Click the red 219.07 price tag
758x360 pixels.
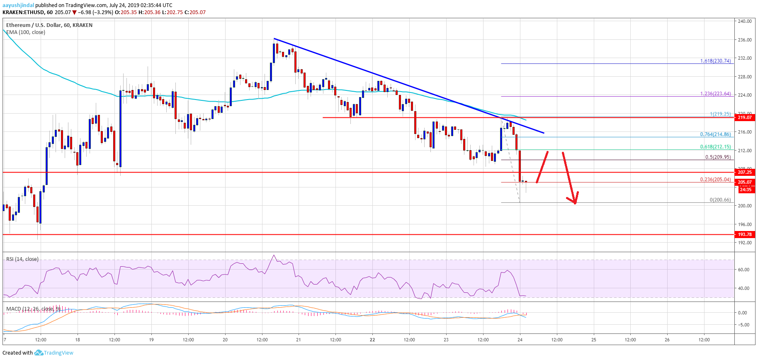pos(745,117)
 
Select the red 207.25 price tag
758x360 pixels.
pos(745,172)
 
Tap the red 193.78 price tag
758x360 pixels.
pos(745,234)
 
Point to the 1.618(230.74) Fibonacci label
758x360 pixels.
pos(715,61)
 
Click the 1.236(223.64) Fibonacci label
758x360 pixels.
pos(715,94)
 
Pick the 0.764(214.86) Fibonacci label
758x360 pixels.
pos(715,134)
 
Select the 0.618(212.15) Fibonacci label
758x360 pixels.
pos(715,147)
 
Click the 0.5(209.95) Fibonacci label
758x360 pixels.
pos(718,157)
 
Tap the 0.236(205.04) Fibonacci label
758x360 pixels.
pos(715,180)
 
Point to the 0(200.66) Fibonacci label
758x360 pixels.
pos(720,200)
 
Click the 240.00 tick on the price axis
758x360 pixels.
pos(745,21)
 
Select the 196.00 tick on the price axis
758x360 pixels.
pos(745,224)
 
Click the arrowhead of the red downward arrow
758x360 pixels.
pos(574,202)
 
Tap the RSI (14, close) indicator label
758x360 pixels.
pos(22,259)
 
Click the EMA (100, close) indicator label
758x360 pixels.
pos(26,32)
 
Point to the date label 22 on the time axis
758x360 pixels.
pos(372,340)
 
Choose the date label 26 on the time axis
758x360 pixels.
pos(667,340)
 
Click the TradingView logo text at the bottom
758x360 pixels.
pos(58,353)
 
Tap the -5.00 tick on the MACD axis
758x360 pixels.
pos(744,325)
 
